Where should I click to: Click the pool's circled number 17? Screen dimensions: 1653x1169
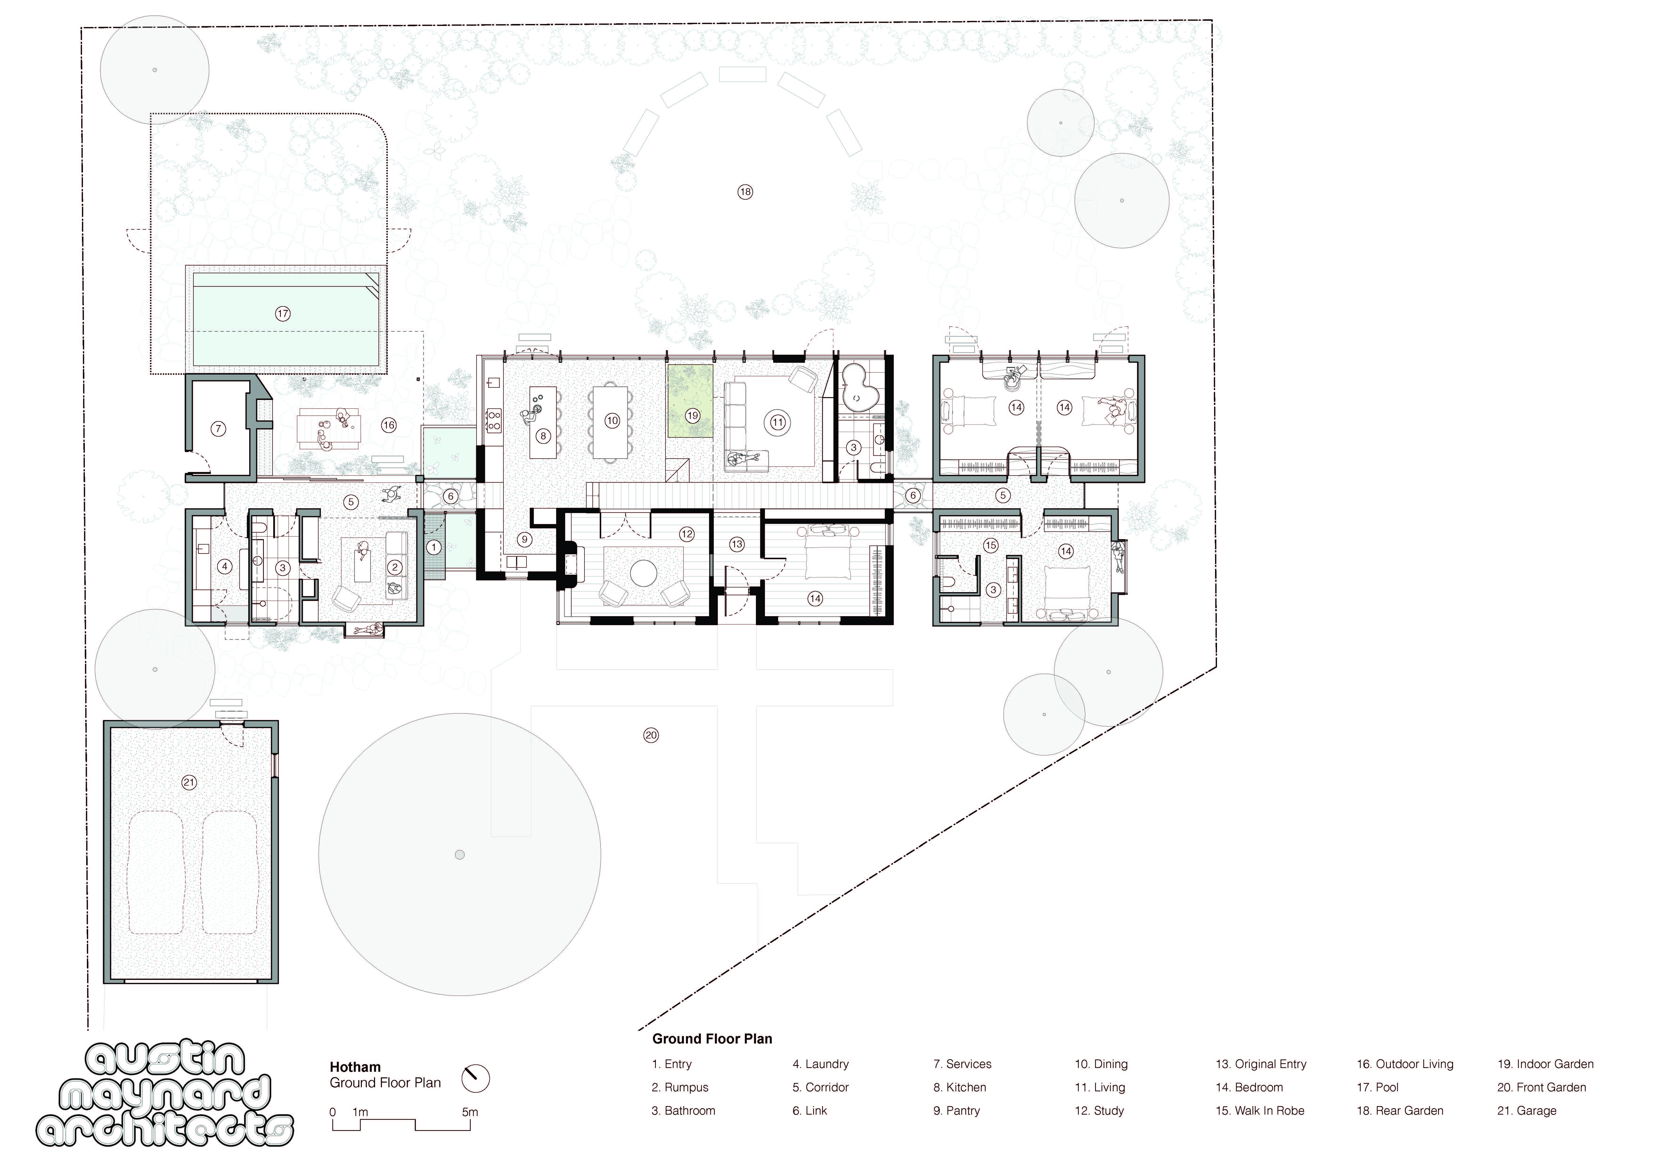pyautogui.click(x=282, y=314)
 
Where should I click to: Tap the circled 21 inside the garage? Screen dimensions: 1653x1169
pyautogui.click(x=189, y=782)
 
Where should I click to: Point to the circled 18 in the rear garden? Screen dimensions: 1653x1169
pyautogui.click(x=745, y=191)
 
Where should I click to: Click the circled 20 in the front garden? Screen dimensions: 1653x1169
pyautogui.click(x=651, y=735)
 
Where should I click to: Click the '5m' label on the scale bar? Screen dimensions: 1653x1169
pyautogui.click(x=469, y=1112)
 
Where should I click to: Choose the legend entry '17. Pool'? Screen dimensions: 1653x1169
pyautogui.click(x=1377, y=1087)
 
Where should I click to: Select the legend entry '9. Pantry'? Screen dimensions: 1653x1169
pyautogui.click(x=957, y=1111)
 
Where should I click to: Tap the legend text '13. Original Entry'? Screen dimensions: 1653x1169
pyautogui.click(x=1261, y=1064)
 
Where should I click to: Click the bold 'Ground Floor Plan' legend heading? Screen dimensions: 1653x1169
pyautogui.click(x=712, y=1039)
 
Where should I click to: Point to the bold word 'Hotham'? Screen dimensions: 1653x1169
pyautogui.click(x=355, y=1067)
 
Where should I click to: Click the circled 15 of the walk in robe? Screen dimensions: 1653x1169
pyautogui.click(x=991, y=545)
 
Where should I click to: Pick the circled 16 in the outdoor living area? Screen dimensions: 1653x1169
pyautogui.click(x=389, y=425)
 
